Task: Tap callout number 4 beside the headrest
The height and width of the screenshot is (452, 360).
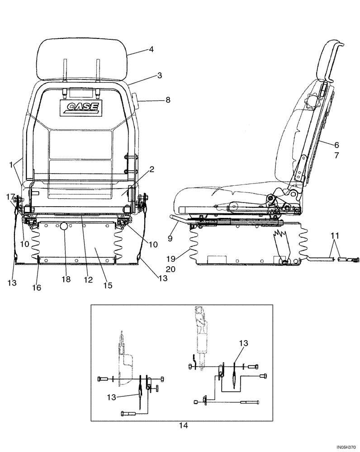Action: point(152,50)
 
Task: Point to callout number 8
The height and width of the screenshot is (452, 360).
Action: point(167,100)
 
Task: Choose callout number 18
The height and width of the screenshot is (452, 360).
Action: point(66,280)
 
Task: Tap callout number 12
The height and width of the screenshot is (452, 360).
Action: point(88,280)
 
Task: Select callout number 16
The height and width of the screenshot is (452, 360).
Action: point(37,287)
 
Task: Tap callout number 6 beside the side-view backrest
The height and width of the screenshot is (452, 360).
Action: point(337,145)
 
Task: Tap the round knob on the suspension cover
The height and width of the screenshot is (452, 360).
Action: point(64,226)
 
